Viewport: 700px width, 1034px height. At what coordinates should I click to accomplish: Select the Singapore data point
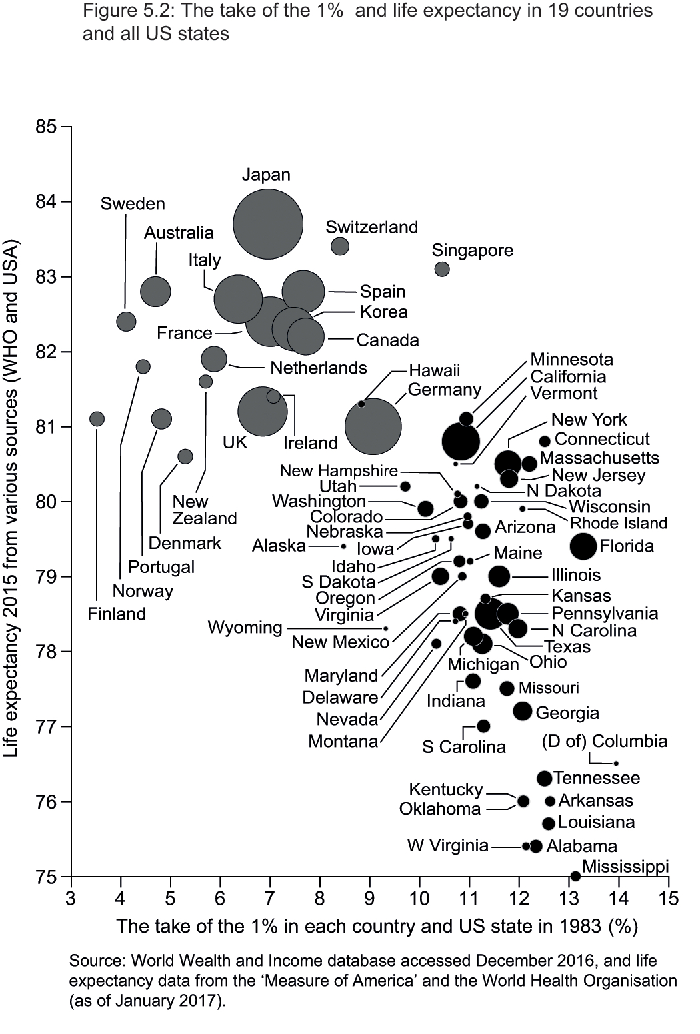(x=442, y=269)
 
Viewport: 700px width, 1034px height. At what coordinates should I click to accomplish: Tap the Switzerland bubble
(x=340, y=246)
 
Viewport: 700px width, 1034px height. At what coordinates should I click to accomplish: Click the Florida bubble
(x=583, y=546)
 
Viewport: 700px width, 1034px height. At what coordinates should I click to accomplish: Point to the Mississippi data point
(x=575, y=875)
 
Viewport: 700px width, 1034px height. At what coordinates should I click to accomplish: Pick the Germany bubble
(x=373, y=427)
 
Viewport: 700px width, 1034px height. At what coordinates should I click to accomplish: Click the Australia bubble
(x=156, y=292)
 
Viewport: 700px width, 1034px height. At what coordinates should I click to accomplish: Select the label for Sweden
(x=133, y=204)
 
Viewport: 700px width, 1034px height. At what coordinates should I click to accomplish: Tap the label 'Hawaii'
(x=434, y=371)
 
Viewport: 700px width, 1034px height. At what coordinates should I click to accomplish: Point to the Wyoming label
(x=245, y=628)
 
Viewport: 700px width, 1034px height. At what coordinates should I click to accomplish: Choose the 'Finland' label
(x=117, y=614)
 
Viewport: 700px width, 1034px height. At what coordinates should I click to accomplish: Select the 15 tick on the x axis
(x=668, y=899)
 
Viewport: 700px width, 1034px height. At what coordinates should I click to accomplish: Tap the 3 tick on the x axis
(x=71, y=899)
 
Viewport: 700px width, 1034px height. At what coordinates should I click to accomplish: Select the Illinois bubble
(x=499, y=576)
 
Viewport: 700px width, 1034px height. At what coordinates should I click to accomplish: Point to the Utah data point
(x=405, y=486)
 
